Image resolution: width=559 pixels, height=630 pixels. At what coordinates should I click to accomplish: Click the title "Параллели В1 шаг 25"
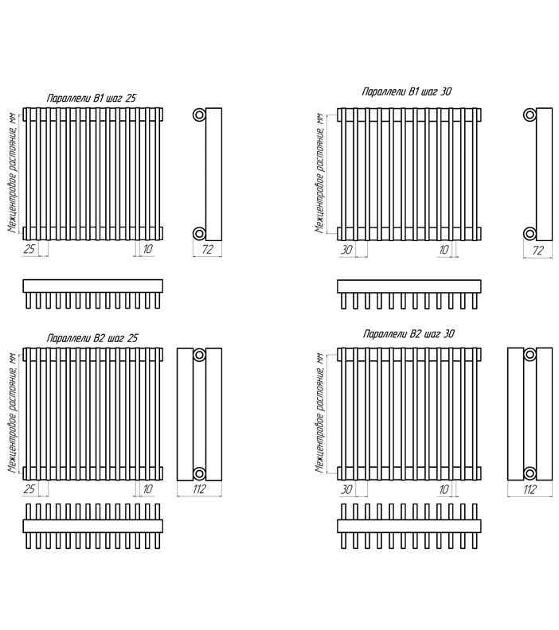[92, 99]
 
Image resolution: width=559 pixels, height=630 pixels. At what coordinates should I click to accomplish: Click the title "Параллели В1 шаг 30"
[407, 91]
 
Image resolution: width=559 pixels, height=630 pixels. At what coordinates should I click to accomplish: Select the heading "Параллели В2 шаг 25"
[92, 338]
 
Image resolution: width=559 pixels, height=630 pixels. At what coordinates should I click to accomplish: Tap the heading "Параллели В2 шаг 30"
[409, 334]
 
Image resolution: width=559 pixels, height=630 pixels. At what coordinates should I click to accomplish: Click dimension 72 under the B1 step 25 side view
[207, 250]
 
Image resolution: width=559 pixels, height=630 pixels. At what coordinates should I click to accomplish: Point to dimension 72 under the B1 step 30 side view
[537, 251]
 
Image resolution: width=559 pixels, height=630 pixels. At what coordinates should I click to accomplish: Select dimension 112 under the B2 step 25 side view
[199, 489]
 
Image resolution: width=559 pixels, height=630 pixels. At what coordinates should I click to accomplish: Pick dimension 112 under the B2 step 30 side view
[530, 489]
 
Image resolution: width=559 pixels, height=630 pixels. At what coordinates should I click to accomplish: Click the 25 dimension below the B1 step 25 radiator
[29, 249]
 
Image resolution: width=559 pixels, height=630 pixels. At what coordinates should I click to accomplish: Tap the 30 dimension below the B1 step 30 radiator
[346, 250]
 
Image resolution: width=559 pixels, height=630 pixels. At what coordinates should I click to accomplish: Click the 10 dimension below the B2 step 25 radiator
[147, 489]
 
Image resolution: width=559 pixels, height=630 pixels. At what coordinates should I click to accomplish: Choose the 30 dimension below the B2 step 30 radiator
[346, 489]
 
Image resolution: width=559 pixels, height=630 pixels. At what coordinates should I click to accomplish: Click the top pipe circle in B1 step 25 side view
[199, 115]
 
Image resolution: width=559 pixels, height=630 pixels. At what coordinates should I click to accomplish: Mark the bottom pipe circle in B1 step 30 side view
[530, 233]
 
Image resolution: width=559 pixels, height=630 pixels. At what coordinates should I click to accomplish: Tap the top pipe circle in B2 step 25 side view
[199, 355]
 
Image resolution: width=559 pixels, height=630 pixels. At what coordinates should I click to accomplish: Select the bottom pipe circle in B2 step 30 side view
[530, 473]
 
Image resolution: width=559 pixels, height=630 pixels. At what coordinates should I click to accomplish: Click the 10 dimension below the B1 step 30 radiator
[444, 250]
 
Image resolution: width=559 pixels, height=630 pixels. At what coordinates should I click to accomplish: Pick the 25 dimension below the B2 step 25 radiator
[29, 489]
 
